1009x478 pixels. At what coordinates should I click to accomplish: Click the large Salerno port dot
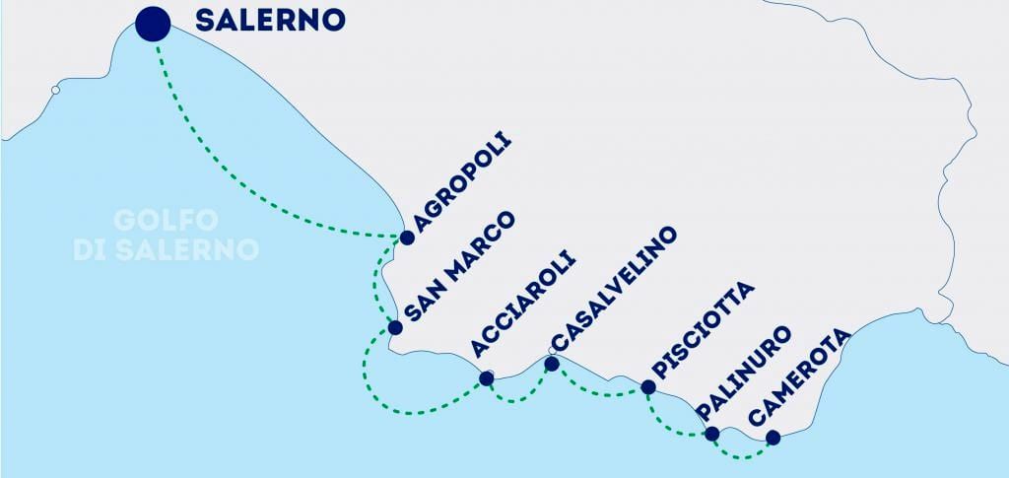[x=153, y=23]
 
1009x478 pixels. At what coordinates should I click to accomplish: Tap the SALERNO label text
[x=271, y=20]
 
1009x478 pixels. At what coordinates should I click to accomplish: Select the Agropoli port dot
[x=407, y=238]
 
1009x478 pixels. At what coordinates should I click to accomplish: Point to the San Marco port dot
[x=394, y=327]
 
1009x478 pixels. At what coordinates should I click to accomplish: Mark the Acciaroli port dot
[x=486, y=377]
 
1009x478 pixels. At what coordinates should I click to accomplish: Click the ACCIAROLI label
[x=523, y=307]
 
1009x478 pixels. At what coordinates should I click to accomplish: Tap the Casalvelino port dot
[x=552, y=364]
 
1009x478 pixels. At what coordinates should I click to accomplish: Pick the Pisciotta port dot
[x=647, y=386]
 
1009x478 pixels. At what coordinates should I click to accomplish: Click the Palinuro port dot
[x=711, y=433]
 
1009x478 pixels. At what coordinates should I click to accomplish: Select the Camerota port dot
[x=772, y=437]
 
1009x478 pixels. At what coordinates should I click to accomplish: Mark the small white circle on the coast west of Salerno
[x=55, y=91]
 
